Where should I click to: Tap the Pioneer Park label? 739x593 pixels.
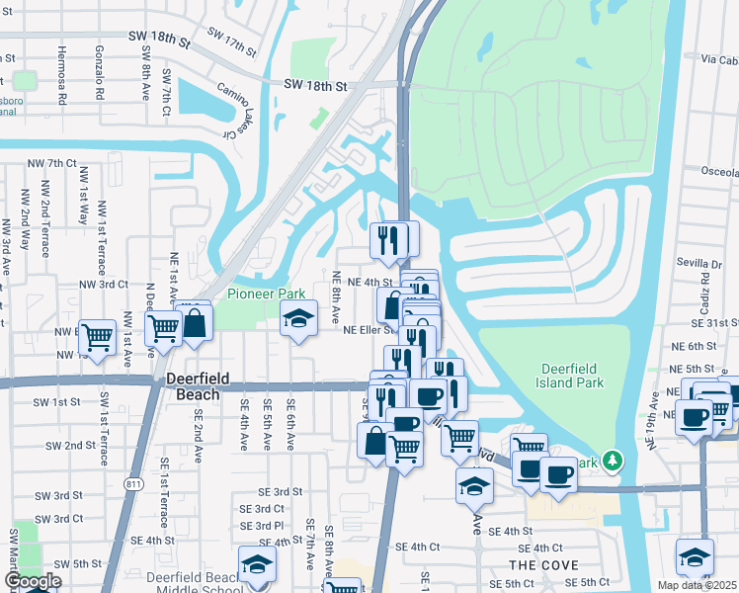pyautogui.click(x=266, y=294)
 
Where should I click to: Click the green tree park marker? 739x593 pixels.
pyautogui.click(x=613, y=461)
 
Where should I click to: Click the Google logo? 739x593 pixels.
pyautogui.click(x=33, y=582)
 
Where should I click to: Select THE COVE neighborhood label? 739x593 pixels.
pyautogui.click(x=536, y=564)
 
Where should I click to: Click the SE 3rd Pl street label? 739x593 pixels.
pyautogui.click(x=264, y=526)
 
